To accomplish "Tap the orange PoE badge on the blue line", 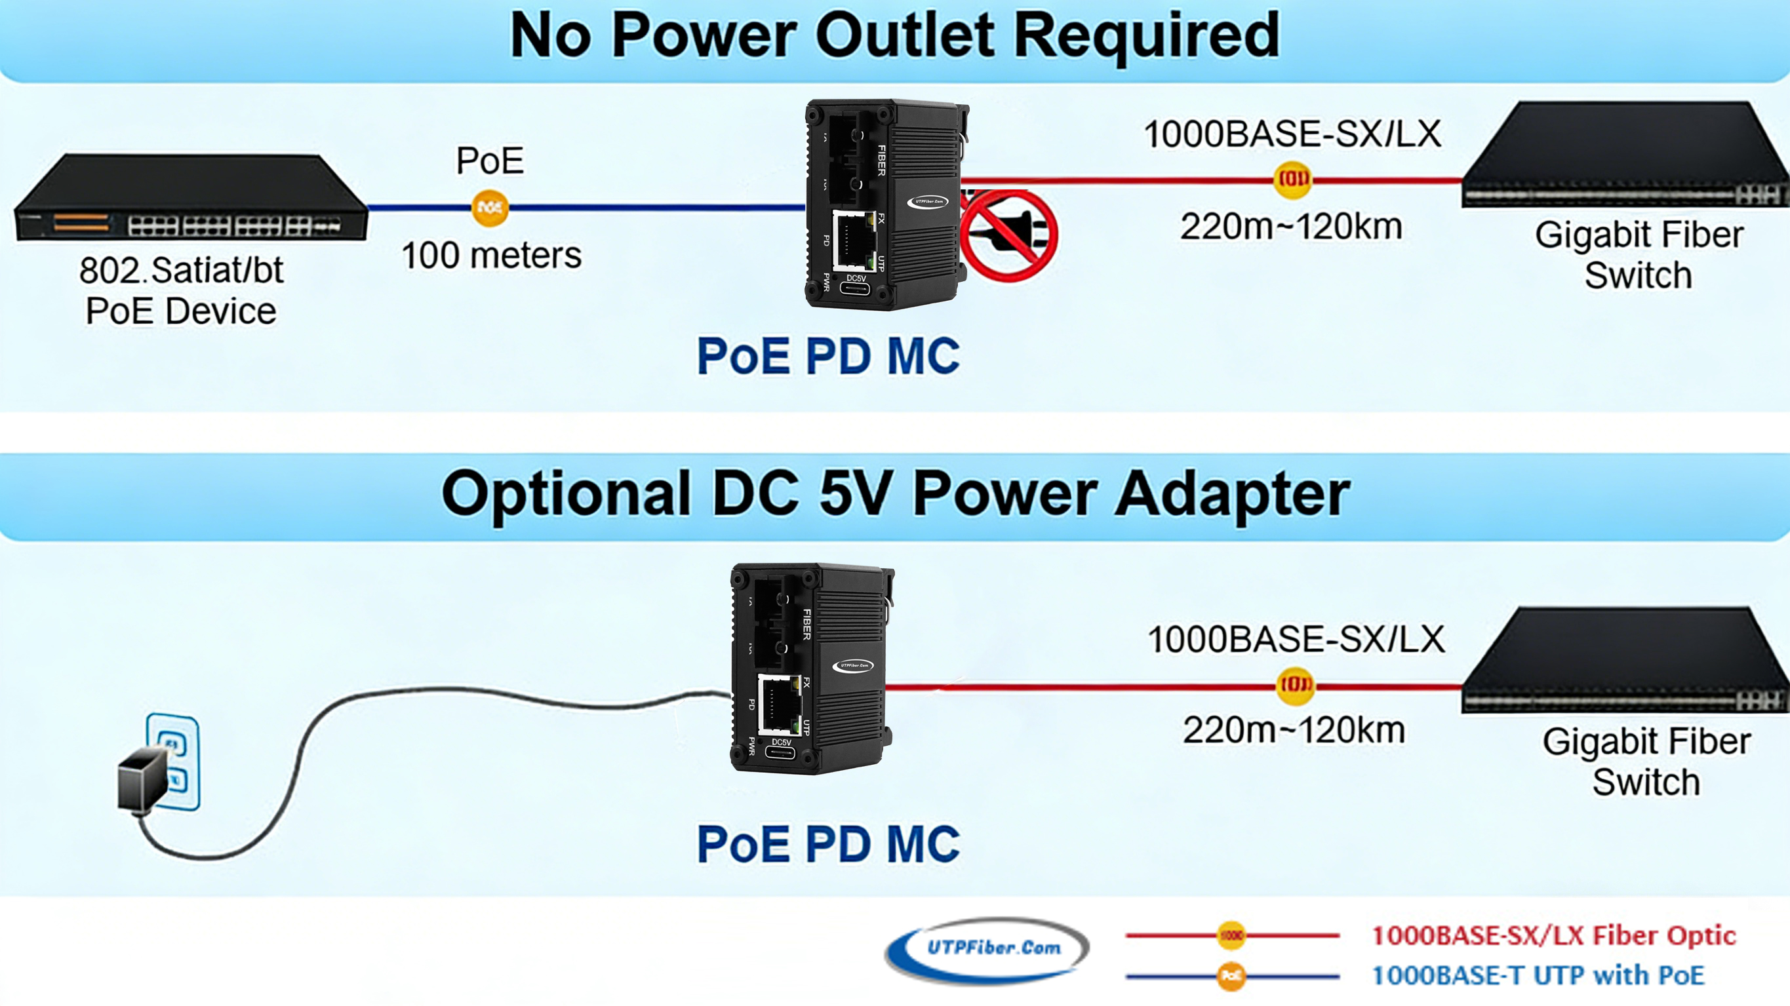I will [x=490, y=207].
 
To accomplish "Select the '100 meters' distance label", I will [x=491, y=255].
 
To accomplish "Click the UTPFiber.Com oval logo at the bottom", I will [x=987, y=948].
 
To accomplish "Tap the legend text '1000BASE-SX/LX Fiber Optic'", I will [x=1554, y=935].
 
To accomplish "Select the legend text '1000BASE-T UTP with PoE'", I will [x=1538, y=975].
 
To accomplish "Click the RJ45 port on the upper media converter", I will [x=853, y=241].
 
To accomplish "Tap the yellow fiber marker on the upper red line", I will [x=1292, y=180].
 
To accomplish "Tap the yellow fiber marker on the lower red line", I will [x=1295, y=685].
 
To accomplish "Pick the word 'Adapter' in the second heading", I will [x=1232, y=494].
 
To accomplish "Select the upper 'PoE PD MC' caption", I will [x=827, y=357].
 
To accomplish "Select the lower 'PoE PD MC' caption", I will [x=827, y=844].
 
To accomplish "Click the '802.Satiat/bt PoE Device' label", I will [x=182, y=290].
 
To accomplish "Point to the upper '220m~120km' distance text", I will [x=1291, y=227].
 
